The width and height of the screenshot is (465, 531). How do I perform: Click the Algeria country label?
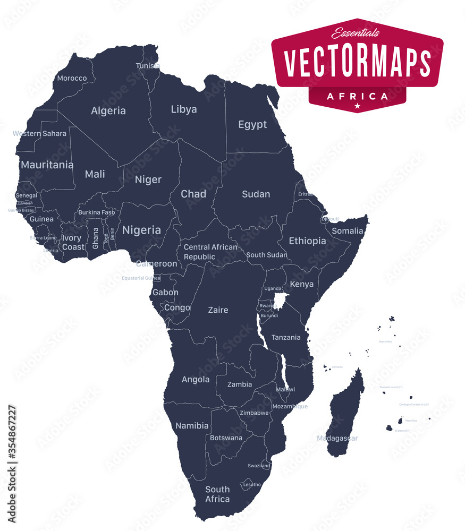108,111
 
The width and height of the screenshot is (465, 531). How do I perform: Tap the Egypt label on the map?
252,125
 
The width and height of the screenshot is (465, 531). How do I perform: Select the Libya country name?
184,109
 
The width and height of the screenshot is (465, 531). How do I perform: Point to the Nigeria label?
141,230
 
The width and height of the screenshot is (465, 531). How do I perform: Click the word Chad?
193,194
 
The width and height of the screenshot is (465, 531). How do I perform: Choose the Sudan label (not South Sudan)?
256,194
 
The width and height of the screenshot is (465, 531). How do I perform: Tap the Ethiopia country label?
307,241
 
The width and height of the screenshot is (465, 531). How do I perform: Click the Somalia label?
348,231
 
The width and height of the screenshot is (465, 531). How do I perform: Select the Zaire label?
218,310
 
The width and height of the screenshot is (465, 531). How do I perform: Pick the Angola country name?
196,380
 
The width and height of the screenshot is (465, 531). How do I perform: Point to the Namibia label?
192,425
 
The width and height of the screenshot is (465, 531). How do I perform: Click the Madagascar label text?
337,438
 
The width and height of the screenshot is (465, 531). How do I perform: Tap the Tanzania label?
286,337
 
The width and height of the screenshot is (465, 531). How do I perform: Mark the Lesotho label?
252,484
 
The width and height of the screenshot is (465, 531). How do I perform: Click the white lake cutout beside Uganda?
280,301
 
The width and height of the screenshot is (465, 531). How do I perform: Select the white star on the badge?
357,106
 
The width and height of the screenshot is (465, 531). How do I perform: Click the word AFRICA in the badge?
357,96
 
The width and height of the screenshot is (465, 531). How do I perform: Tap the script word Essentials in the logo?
356,33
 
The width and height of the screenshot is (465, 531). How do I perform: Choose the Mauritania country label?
47,165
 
